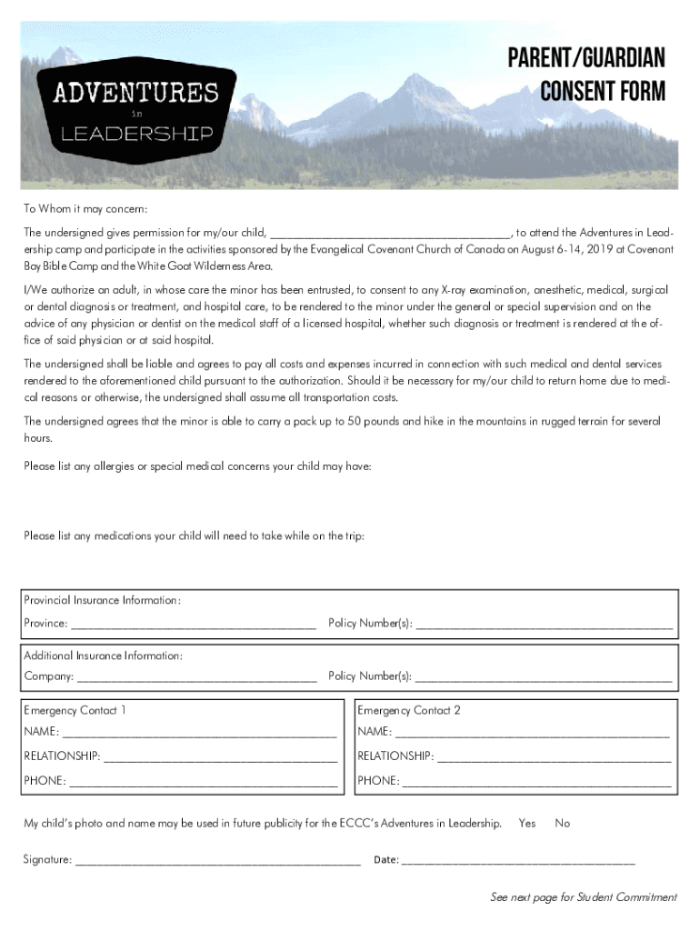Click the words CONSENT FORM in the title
pos(602,92)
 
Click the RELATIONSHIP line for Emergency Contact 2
pos(555,757)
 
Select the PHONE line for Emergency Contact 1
pos(203,782)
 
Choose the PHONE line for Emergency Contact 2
pos(537,782)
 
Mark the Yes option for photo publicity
pos(527,824)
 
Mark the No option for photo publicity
pos(563,824)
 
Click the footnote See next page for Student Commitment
pos(583,897)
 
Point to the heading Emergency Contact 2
pos(409,711)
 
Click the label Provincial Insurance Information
pos(102,601)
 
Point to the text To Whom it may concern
pos(85,209)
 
